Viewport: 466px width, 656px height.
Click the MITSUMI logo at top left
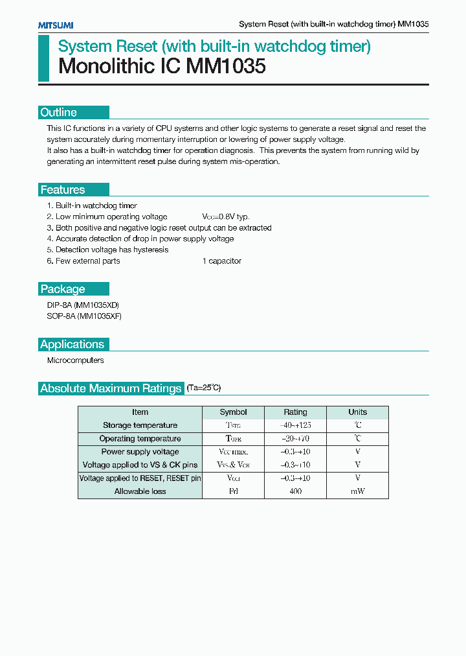click(55, 25)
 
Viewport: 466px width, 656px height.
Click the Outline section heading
click(58, 112)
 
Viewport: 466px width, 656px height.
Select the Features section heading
click(63, 190)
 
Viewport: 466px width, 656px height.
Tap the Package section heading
click(63, 289)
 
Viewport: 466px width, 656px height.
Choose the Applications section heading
click(72, 344)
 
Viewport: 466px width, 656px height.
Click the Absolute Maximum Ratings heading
click(111, 388)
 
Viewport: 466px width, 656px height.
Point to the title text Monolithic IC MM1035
click(162, 66)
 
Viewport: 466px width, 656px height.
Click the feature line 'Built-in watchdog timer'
click(96, 205)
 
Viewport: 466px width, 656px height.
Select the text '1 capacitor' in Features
click(221, 261)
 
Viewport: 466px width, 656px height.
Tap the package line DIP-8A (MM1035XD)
click(83, 305)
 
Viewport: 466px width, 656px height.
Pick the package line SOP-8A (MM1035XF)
click(84, 316)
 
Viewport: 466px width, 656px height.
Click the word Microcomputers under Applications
click(75, 360)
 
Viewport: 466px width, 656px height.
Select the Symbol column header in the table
click(233, 412)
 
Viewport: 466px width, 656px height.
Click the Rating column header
click(295, 412)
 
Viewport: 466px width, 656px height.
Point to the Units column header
click(357, 412)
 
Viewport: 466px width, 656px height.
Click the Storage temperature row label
click(140, 425)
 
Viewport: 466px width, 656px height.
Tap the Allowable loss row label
click(140, 491)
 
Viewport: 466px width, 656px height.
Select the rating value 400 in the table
click(295, 491)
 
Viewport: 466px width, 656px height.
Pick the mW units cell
click(357, 491)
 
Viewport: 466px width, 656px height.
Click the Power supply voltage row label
click(140, 452)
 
